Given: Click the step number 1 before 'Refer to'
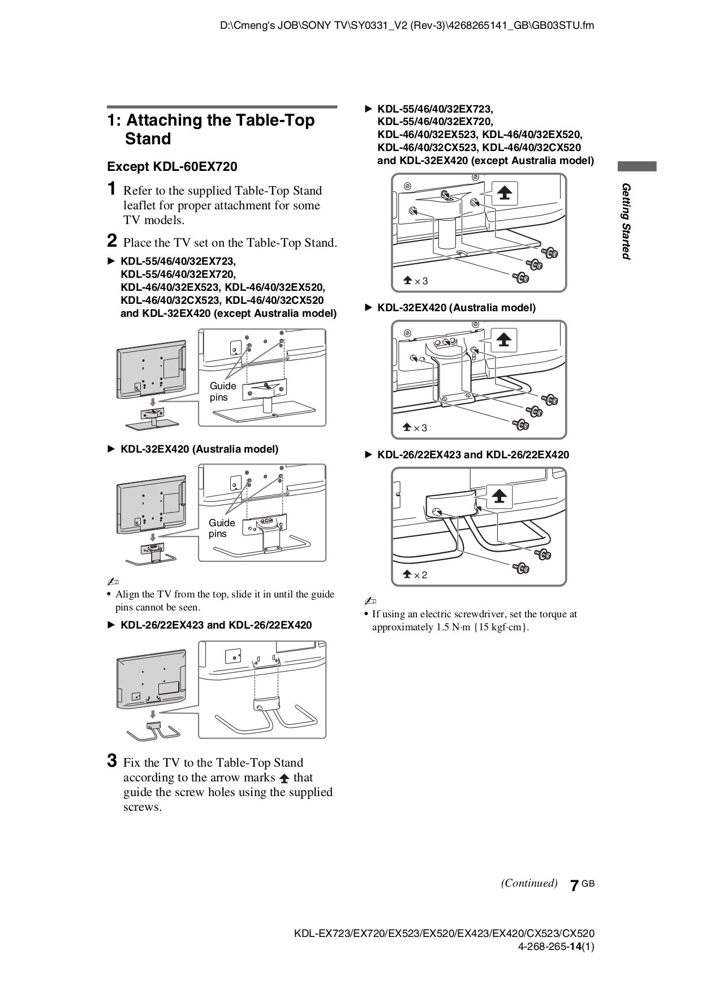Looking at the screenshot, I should [113, 188].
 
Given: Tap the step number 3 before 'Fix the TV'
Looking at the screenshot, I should [113, 760].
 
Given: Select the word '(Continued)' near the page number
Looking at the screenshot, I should [529, 883].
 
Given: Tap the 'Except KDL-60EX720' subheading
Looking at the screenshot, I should [172, 167].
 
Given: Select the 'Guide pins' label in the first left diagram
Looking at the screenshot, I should [222, 392].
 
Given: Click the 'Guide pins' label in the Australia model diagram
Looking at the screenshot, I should [221, 528].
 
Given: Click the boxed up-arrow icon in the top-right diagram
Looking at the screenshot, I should [504, 194].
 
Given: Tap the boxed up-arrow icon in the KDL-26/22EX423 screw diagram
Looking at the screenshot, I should [498, 496].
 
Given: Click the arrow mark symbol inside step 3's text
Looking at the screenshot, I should [284, 779].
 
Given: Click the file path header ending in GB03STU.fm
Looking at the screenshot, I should [407, 25].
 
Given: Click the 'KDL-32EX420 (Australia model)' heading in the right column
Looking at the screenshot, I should [456, 308].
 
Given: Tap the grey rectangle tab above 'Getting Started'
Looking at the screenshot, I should [637, 166].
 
